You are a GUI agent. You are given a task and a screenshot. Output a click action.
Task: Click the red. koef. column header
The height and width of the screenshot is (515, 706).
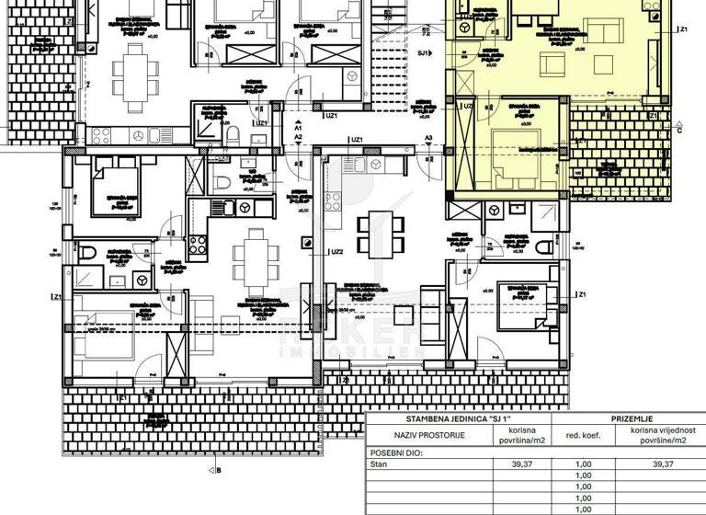pos(583,435)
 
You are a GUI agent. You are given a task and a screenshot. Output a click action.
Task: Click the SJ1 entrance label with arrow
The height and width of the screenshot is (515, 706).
pos(424,52)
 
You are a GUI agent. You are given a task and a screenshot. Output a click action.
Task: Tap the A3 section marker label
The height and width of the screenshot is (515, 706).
pos(428,137)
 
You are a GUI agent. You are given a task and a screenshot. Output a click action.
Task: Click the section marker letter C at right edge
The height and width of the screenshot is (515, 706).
pos(678,130)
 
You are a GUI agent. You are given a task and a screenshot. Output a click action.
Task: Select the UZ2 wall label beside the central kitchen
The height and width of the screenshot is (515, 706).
pos(337,251)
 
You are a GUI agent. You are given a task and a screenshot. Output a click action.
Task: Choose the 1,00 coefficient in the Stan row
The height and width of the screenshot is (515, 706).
pos(583,464)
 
